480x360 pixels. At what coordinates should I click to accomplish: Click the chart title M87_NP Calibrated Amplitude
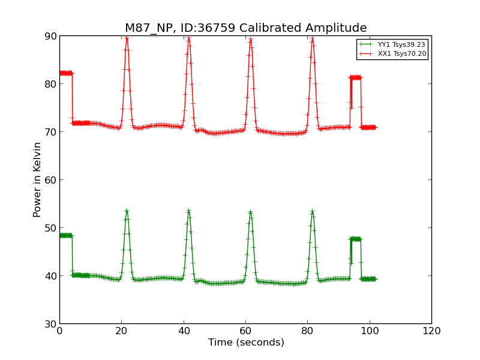(245, 28)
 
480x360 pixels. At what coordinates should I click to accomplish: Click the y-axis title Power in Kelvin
(37, 179)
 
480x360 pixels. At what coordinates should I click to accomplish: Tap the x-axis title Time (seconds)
(246, 343)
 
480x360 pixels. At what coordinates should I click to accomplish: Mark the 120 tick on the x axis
(431, 331)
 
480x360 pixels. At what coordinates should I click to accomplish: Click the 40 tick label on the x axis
(184, 331)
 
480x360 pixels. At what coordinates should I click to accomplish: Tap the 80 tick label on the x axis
(307, 331)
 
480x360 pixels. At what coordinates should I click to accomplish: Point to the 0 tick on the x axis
(59, 331)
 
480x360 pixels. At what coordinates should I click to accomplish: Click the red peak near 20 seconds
(127, 38)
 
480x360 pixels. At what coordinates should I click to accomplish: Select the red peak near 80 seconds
(313, 40)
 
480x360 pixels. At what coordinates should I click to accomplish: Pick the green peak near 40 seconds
(188, 211)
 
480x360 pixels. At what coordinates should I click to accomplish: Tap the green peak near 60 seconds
(250, 212)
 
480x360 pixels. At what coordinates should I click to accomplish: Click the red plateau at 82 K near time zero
(65, 73)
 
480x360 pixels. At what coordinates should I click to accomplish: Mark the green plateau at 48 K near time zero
(65, 235)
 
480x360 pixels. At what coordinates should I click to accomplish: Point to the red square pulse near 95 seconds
(355, 77)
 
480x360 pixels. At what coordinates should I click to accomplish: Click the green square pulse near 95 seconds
(355, 239)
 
